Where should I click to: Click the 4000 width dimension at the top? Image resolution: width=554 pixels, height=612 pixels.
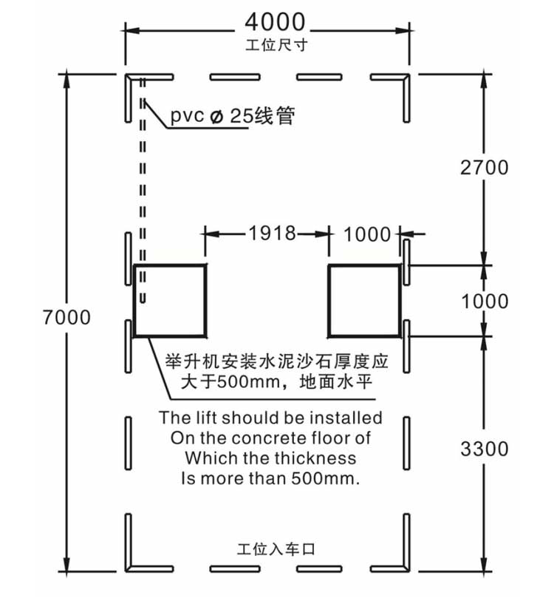(x=275, y=22)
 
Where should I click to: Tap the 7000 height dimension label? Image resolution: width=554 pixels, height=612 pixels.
(x=66, y=317)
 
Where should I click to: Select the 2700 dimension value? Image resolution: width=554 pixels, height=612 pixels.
(x=484, y=168)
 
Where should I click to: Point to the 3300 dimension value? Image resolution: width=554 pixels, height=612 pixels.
(x=484, y=449)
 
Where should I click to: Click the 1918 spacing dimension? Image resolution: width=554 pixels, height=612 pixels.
(x=273, y=233)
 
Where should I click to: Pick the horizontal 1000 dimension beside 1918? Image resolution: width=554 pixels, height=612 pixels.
(x=367, y=234)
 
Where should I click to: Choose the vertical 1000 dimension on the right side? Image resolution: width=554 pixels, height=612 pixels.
(x=485, y=302)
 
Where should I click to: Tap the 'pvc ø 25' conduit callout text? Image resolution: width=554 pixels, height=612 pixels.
(x=210, y=115)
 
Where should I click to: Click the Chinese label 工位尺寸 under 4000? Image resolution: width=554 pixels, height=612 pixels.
(x=276, y=45)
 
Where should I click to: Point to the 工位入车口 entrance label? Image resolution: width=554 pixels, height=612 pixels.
(x=276, y=549)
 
